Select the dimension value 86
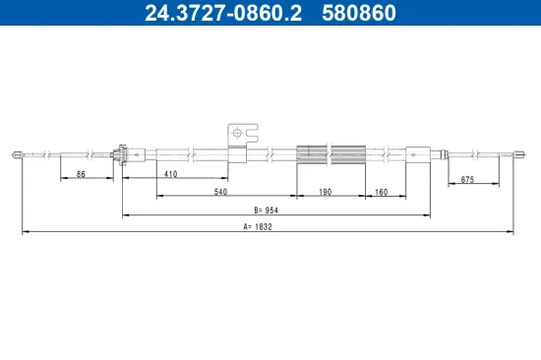pyautogui.click(x=80, y=174)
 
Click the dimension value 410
pyautogui.click(x=170, y=174)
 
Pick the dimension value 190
pyautogui.click(x=326, y=192)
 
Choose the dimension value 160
pyautogui.click(x=382, y=192)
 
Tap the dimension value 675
pyautogui.click(x=468, y=179)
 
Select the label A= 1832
pyautogui.click(x=258, y=227)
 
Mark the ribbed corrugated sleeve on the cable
pyautogui.click(x=331, y=152)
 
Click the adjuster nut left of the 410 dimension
pyautogui.click(x=120, y=152)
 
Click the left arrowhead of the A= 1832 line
pyautogui.click(x=25, y=232)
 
